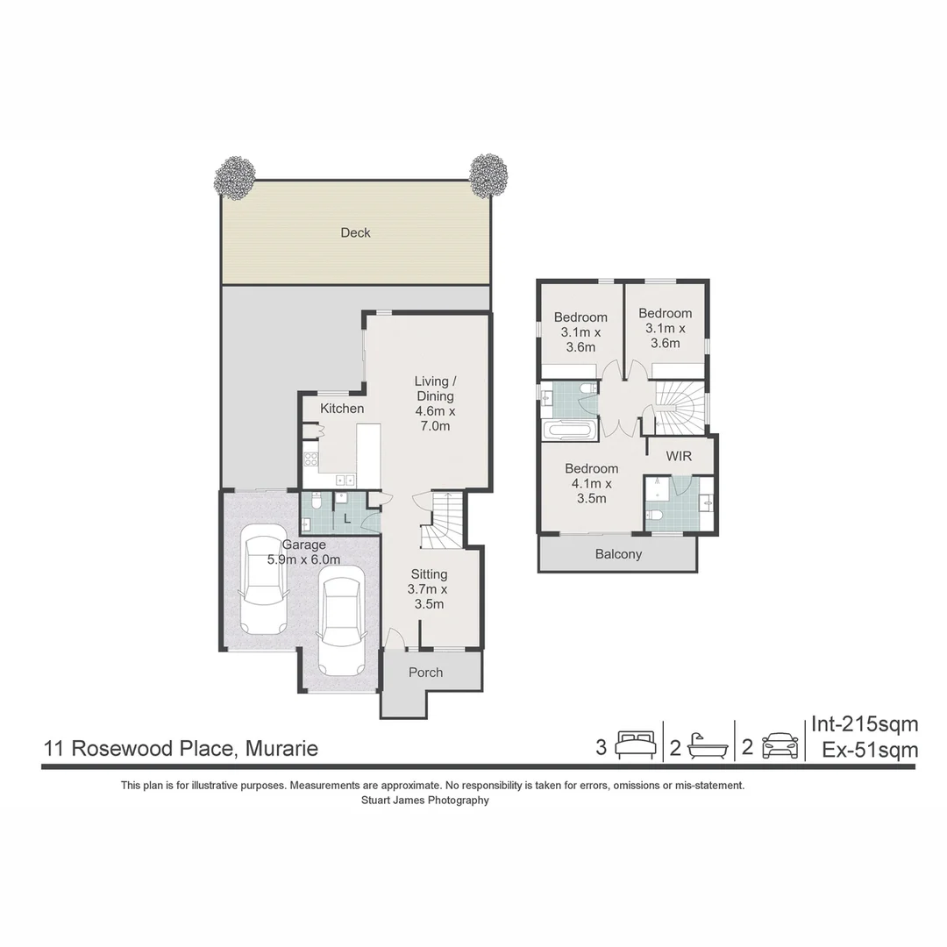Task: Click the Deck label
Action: pyautogui.click(x=355, y=232)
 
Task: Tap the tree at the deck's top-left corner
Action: pyautogui.click(x=235, y=177)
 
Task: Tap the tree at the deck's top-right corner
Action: pyautogui.click(x=488, y=175)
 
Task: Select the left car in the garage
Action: pyautogui.click(x=264, y=578)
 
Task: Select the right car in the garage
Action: pyautogui.click(x=341, y=620)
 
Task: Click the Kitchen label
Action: pyautogui.click(x=342, y=409)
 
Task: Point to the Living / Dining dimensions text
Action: pyautogui.click(x=436, y=418)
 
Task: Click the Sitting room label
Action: pyautogui.click(x=430, y=574)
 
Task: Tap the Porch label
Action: pyautogui.click(x=426, y=673)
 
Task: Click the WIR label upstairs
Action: pyautogui.click(x=679, y=457)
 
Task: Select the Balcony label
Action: pyautogui.click(x=618, y=554)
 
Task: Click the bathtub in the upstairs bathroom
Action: pyautogui.click(x=566, y=431)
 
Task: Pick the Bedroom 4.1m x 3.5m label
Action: pyautogui.click(x=591, y=483)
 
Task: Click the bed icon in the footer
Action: pyautogui.click(x=635, y=745)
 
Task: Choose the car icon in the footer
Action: pyautogui.click(x=780, y=745)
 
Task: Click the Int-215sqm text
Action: pyautogui.click(x=864, y=724)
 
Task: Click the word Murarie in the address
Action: pyautogui.click(x=281, y=749)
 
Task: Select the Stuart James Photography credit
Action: pyautogui.click(x=425, y=800)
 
